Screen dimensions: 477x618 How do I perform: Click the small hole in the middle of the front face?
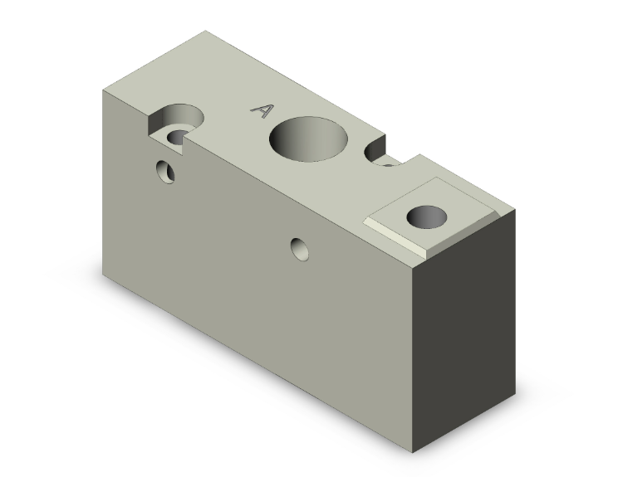(300, 247)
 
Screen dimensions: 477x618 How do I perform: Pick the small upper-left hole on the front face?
(167, 172)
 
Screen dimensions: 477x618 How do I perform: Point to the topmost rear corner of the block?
(205, 32)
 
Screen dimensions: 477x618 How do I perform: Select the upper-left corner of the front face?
(101, 89)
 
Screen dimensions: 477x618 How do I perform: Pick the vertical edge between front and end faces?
(412, 357)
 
